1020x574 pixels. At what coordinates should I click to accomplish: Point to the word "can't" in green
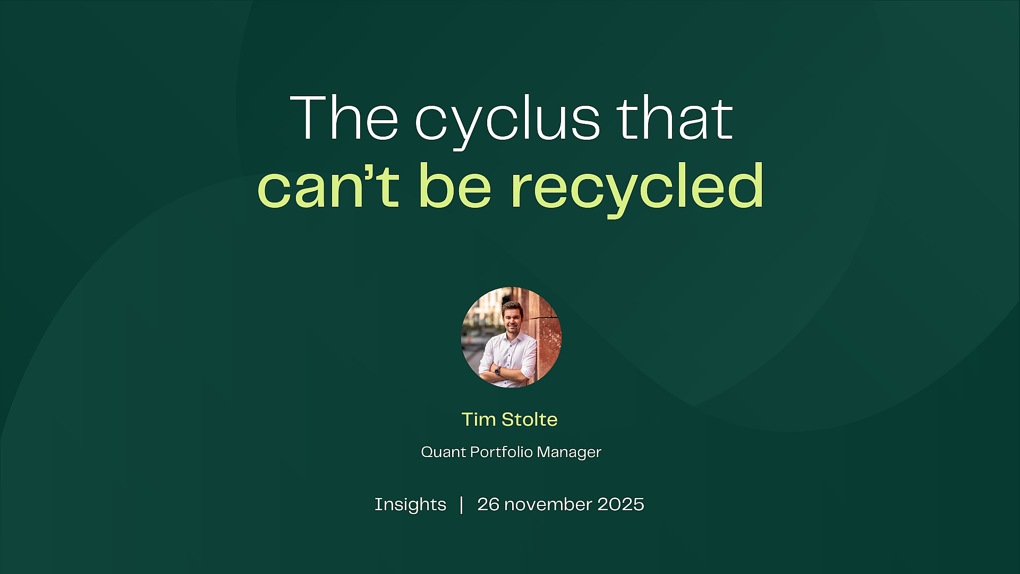328,185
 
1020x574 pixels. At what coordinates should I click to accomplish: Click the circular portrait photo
511,337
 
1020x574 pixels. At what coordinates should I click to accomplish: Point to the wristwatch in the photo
497,370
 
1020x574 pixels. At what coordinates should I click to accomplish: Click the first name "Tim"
479,419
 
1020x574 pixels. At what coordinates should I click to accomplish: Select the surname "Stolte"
530,419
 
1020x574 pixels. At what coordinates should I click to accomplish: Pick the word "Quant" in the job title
444,452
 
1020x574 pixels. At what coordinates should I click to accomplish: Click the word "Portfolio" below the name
501,452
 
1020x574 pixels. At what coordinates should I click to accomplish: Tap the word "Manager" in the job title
569,453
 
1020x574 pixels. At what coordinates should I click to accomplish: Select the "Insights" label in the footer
410,504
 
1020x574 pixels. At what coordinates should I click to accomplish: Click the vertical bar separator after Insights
461,505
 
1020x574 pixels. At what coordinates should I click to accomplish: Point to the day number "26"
488,504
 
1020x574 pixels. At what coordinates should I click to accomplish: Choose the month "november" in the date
548,505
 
